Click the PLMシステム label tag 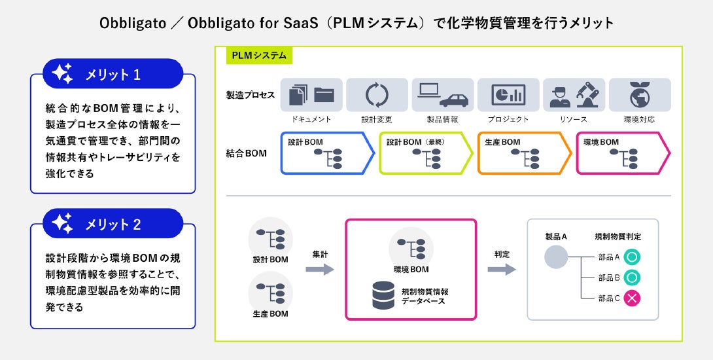pyautogui.click(x=259, y=56)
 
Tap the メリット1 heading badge pyautogui.click(x=113, y=73)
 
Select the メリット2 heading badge pyautogui.click(x=113, y=223)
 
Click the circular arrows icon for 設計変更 pyautogui.click(x=377, y=95)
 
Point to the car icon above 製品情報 pyautogui.click(x=454, y=100)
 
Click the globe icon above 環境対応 pyautogui.click(x=640, y=95)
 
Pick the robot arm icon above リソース pyautogui.click(x=588, y=95)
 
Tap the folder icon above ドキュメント pyautogui.click(x=324, y=95)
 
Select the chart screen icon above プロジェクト pyautogui.click(x=508, y=95)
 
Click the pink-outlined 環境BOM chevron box pyautogui.click(x=623, y=153)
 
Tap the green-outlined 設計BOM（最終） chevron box pyautogui.click(x=426, y=153)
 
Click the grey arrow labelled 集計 pyautogui.click(x=320, y=270)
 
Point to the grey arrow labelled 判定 pyautogui.click(x=502, y=270)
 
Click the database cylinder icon pyautogui.click(x=383, y=295)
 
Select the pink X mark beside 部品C pyautogui.click(x=632, y=298)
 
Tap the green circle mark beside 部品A pyautogui.click(x=632, y=257)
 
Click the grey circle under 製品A pyautogui.click(x=556, y=257)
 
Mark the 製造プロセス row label pyautogui.click(x=251, y=95)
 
